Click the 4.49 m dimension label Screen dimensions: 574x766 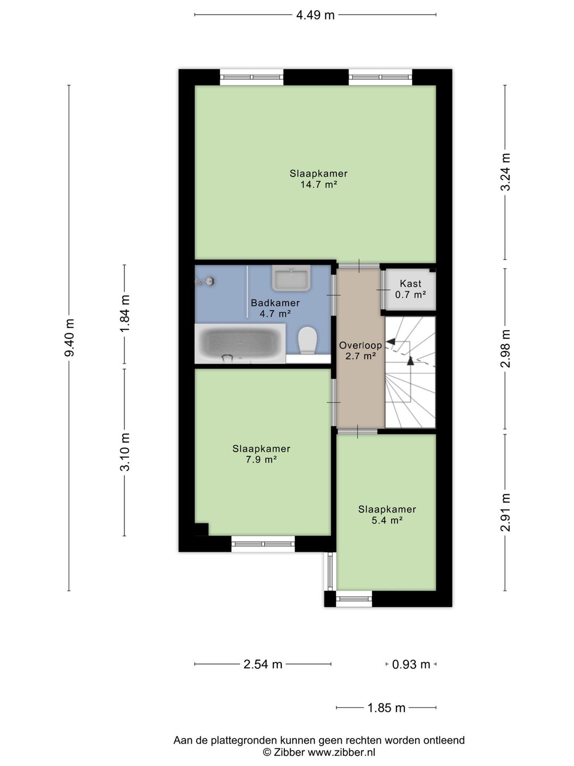click(315, 15)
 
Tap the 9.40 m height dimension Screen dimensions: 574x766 click(69, 337)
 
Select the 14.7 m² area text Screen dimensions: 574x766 click(318, 184)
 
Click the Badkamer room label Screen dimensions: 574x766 click(275, 303)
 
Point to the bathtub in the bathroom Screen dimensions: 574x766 click(240, 344)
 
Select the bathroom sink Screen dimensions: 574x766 click(291, 278)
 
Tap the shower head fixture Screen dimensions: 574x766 click(206, 281)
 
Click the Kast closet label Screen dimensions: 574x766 click(410, 284)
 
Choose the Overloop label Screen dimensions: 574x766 click(360, 345)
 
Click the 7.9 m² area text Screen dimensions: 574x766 click(261, 459)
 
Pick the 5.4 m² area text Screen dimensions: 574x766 click(387, 520)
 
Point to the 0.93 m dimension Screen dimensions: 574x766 click(411, 664)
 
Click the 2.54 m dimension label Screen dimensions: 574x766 click(263, 664)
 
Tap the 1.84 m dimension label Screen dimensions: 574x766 click(125, 314)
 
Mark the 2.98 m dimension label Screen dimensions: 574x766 click(505, 348)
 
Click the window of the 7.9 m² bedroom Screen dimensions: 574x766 click(263, 544)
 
